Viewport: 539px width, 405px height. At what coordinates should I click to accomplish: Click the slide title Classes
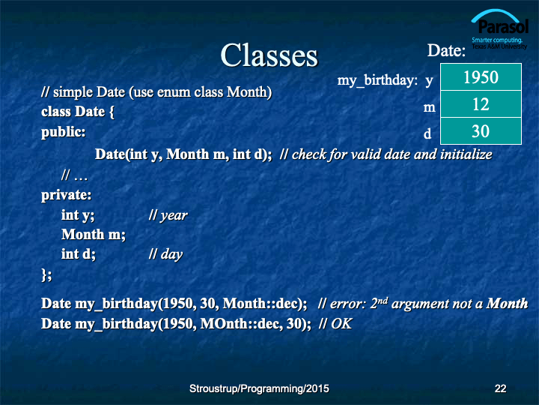click(269, 55)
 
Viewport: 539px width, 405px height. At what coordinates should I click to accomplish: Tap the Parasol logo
click(499, 29)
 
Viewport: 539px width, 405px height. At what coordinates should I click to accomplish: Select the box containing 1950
click(481, 76)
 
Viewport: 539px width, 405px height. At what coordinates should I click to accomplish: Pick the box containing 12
click(481, 104)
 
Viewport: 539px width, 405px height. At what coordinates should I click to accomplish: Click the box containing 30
click(481, 130)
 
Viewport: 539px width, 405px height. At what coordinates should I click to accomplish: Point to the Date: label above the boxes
click(446, 51)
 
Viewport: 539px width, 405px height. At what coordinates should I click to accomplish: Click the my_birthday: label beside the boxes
click(377, 80)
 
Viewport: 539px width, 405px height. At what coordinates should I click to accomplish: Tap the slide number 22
click(500, 388)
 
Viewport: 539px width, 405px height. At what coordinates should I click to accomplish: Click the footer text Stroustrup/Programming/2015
click(259, 388)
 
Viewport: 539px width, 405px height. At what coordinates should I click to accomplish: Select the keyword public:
click(63, 132)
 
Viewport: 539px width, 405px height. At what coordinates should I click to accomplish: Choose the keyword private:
click(67, 195)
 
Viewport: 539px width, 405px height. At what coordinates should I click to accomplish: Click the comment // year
click(168, 215)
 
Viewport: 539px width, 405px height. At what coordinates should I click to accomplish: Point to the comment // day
click(165, 254)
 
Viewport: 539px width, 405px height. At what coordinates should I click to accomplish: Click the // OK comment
click(335, 324)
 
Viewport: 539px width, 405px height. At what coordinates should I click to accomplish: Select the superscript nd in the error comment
click(383, 300)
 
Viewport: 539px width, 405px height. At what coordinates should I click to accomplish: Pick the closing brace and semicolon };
click(46, 274)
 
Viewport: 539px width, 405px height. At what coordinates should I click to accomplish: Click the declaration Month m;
click(94, 235)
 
